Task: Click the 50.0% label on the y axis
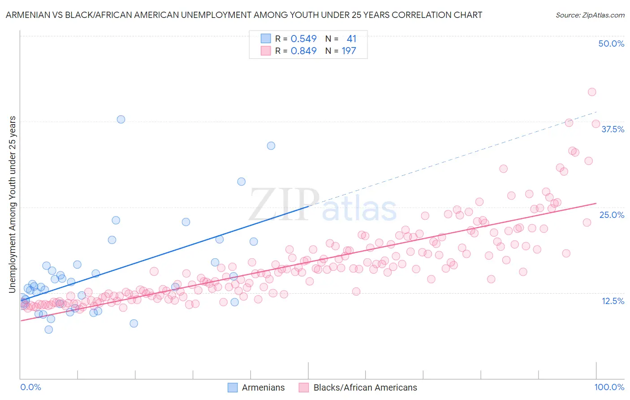611,43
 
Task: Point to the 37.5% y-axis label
613,129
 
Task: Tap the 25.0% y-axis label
612,215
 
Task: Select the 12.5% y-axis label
613,301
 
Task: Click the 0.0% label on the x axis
30,387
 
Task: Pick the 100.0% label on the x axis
609,387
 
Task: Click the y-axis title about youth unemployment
13,204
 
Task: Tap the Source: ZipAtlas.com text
590,15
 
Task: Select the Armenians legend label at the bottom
263,387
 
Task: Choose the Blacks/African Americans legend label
365,387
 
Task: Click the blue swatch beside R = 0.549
266,39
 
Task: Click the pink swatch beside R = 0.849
266,51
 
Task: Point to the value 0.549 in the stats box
303,39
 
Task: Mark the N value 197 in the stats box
349,51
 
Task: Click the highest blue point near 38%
121,119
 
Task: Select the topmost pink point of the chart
592,92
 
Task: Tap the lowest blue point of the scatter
49,330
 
